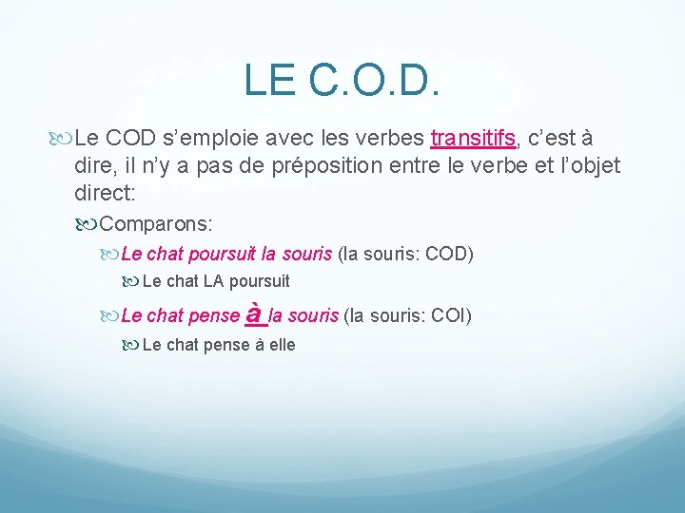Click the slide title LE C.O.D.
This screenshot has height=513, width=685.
click(x=342, y=80)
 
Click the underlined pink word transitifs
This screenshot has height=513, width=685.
click(x=473, y=139)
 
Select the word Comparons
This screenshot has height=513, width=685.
click(x=156, y=224)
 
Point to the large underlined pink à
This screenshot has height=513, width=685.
click(x=254, y=313)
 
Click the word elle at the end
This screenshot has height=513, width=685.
click(x=283, y=345)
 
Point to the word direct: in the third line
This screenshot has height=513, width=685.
click(x=105, y=193)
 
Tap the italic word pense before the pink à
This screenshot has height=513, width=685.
click(x=215, y=315)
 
